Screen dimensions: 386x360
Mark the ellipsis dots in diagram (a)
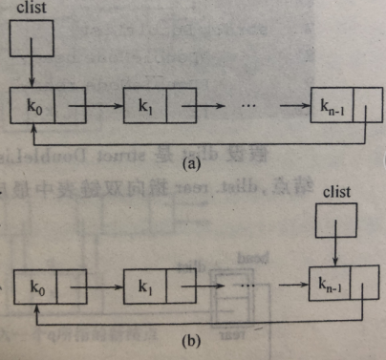pos(243,100)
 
